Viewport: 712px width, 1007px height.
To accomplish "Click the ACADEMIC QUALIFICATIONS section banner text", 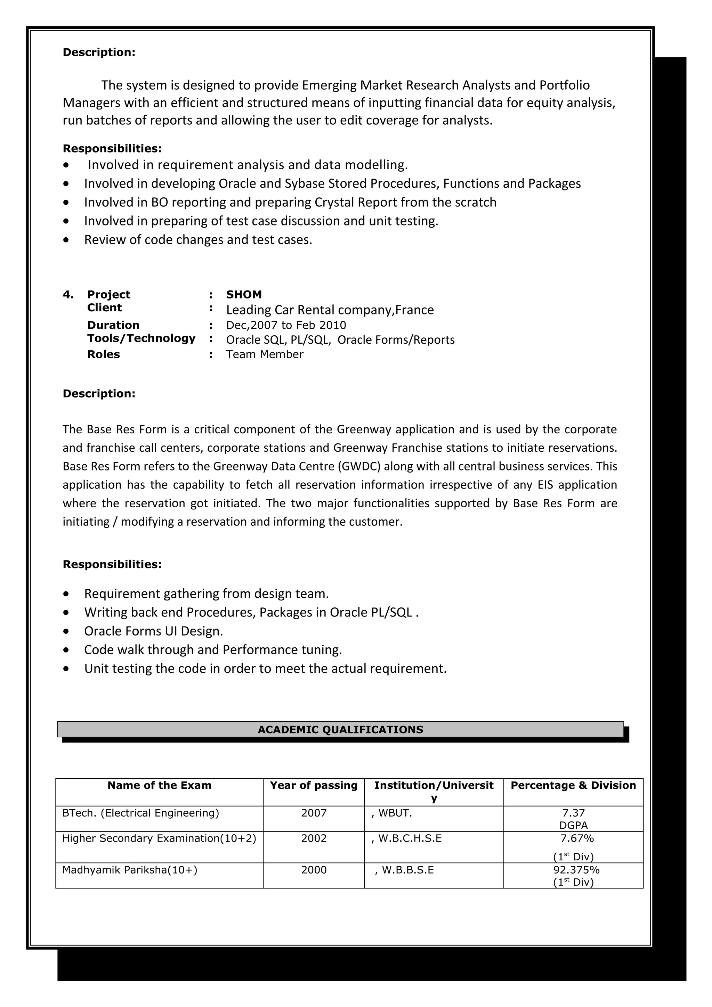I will coord(340,729).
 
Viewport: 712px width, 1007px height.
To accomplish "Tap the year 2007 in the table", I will coord(314,813).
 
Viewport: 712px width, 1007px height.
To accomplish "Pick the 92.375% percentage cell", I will coord(576,870).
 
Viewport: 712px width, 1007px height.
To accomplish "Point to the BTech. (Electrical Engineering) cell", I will coord(140,813).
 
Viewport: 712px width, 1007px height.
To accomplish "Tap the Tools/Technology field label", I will coord(141,338).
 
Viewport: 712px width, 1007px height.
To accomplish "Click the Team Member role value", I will coord(265,354).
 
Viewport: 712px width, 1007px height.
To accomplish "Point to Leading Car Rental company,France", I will coord(330,310).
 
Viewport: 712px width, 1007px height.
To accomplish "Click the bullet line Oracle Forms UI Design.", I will coord(154,631).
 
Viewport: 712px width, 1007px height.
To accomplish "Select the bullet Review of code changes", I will coord(198,239).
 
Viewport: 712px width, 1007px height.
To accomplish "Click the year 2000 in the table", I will coord(314,870).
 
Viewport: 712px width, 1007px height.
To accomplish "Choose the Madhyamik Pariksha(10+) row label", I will coord(130,870).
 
